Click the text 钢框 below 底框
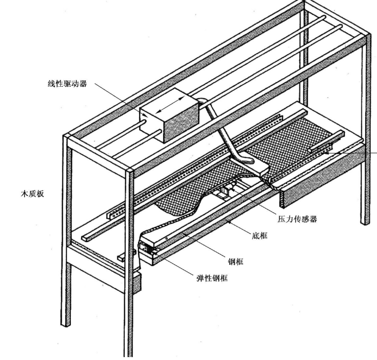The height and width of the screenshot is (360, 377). [235, 261]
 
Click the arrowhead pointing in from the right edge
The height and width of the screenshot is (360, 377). [328, 152]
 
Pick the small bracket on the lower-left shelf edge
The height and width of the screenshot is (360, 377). [126, 256]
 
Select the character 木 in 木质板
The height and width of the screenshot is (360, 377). [23, 193]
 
